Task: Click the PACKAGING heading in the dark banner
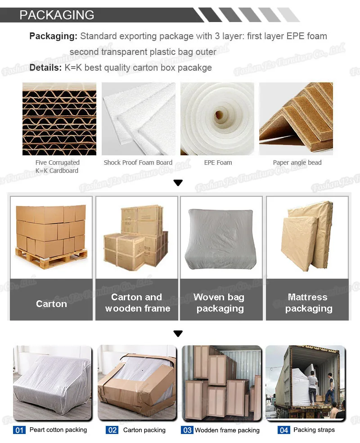coord(57,15)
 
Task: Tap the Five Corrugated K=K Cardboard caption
coord(57,167)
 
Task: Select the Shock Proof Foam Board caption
coord(138,163)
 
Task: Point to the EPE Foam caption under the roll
coord(218,163)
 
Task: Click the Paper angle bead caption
coord(297,163)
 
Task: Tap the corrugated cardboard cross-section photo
coord(59,119)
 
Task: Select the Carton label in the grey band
coord(51,303)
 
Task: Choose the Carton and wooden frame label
coord(137,303)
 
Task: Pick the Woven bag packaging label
coord(220,303)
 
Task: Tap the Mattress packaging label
coord(308,303)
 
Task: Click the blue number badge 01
coord(20,430)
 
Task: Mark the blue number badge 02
coord(112,430)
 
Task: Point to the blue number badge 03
coord(187,430)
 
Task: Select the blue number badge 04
coord(284,430)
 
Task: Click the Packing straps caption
coord(314,430)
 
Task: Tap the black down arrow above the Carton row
coord(178,183)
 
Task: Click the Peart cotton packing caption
coord(58,430)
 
